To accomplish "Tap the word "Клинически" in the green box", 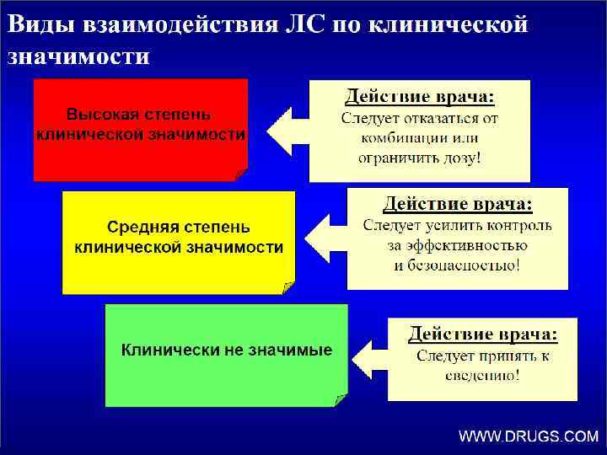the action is [x=169, y=350].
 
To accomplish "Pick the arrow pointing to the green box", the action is [x=368, y=356].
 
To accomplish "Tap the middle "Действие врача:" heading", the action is [x=458, y=203].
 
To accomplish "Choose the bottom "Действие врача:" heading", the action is [x=482, y=334].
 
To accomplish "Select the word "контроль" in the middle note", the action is [x=519, y=226].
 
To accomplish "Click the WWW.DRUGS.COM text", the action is [x=528, y=436].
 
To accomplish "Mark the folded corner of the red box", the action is [x=240, y=174].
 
